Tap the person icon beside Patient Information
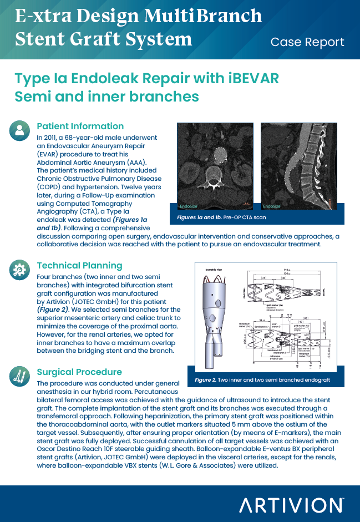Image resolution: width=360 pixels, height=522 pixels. pyautogui.click(x=20, y=131)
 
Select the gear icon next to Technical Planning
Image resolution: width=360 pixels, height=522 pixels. pyautogui.click(x=20, y=270)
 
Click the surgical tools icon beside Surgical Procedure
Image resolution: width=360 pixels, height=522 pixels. pyautogui.click(x=20, y=376)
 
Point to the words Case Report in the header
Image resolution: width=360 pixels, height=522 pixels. pyautogui.click(x=307, y=42)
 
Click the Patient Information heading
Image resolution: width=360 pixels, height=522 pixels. pyautogui.click(x=80, y=126)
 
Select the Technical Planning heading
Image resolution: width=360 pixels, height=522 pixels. pyautogui.click(x=79, y=265)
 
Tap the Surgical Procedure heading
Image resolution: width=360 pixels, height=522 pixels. pyautogui.click(x=79, y=372)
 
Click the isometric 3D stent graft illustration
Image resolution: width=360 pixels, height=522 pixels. pyautogui.click(x=216, y=322)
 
